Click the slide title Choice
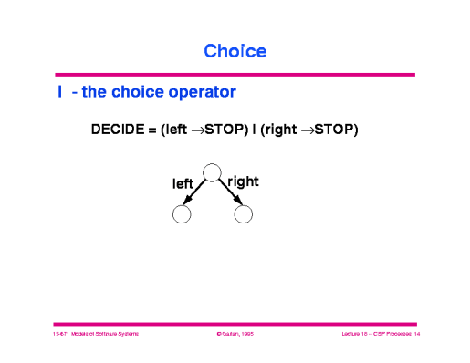pyautogui.click(x=235, y=51)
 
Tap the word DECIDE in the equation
pyautogui.click(x=120, y=130)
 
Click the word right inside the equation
pyautogui.click(x=281, y=130)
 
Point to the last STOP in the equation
pyautogui.click(x=334, y=130)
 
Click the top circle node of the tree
pyautogui.click(x=212, y=171)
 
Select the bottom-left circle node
pyautogui.click(x=181, y=214)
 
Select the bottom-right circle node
pyautogui.click(x=243, y=214)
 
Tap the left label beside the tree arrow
pyautogui.click(x=183, y=183)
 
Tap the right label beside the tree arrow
pyautogui.click(x=244, y=181)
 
